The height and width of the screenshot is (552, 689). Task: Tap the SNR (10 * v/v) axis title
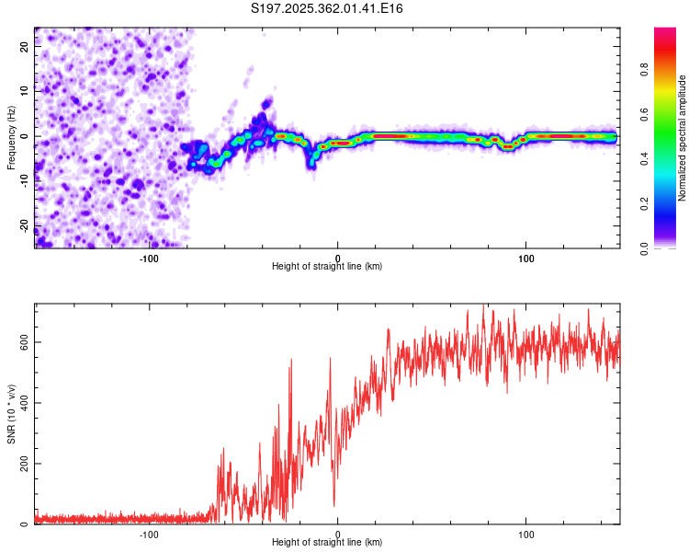pos(11,414)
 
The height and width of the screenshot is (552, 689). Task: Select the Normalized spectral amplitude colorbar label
pos(683,138)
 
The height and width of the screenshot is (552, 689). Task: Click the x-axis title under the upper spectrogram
pos(327,266)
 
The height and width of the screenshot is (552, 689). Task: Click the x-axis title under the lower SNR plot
pos(327,542)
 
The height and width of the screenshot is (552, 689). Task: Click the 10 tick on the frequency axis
pos(25,92)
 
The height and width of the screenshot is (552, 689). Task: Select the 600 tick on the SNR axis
pos(25,342)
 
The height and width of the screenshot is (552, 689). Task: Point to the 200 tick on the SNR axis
pos(25,464)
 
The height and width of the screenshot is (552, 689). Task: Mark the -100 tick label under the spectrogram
pos(149,258)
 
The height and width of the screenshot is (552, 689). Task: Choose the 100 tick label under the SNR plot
pos(526,534)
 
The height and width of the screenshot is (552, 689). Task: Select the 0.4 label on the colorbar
pos(645,160)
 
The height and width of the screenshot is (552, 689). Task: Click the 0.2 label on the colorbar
pos(645,204)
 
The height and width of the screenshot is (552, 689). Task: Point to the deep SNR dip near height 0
pos(334,503)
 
